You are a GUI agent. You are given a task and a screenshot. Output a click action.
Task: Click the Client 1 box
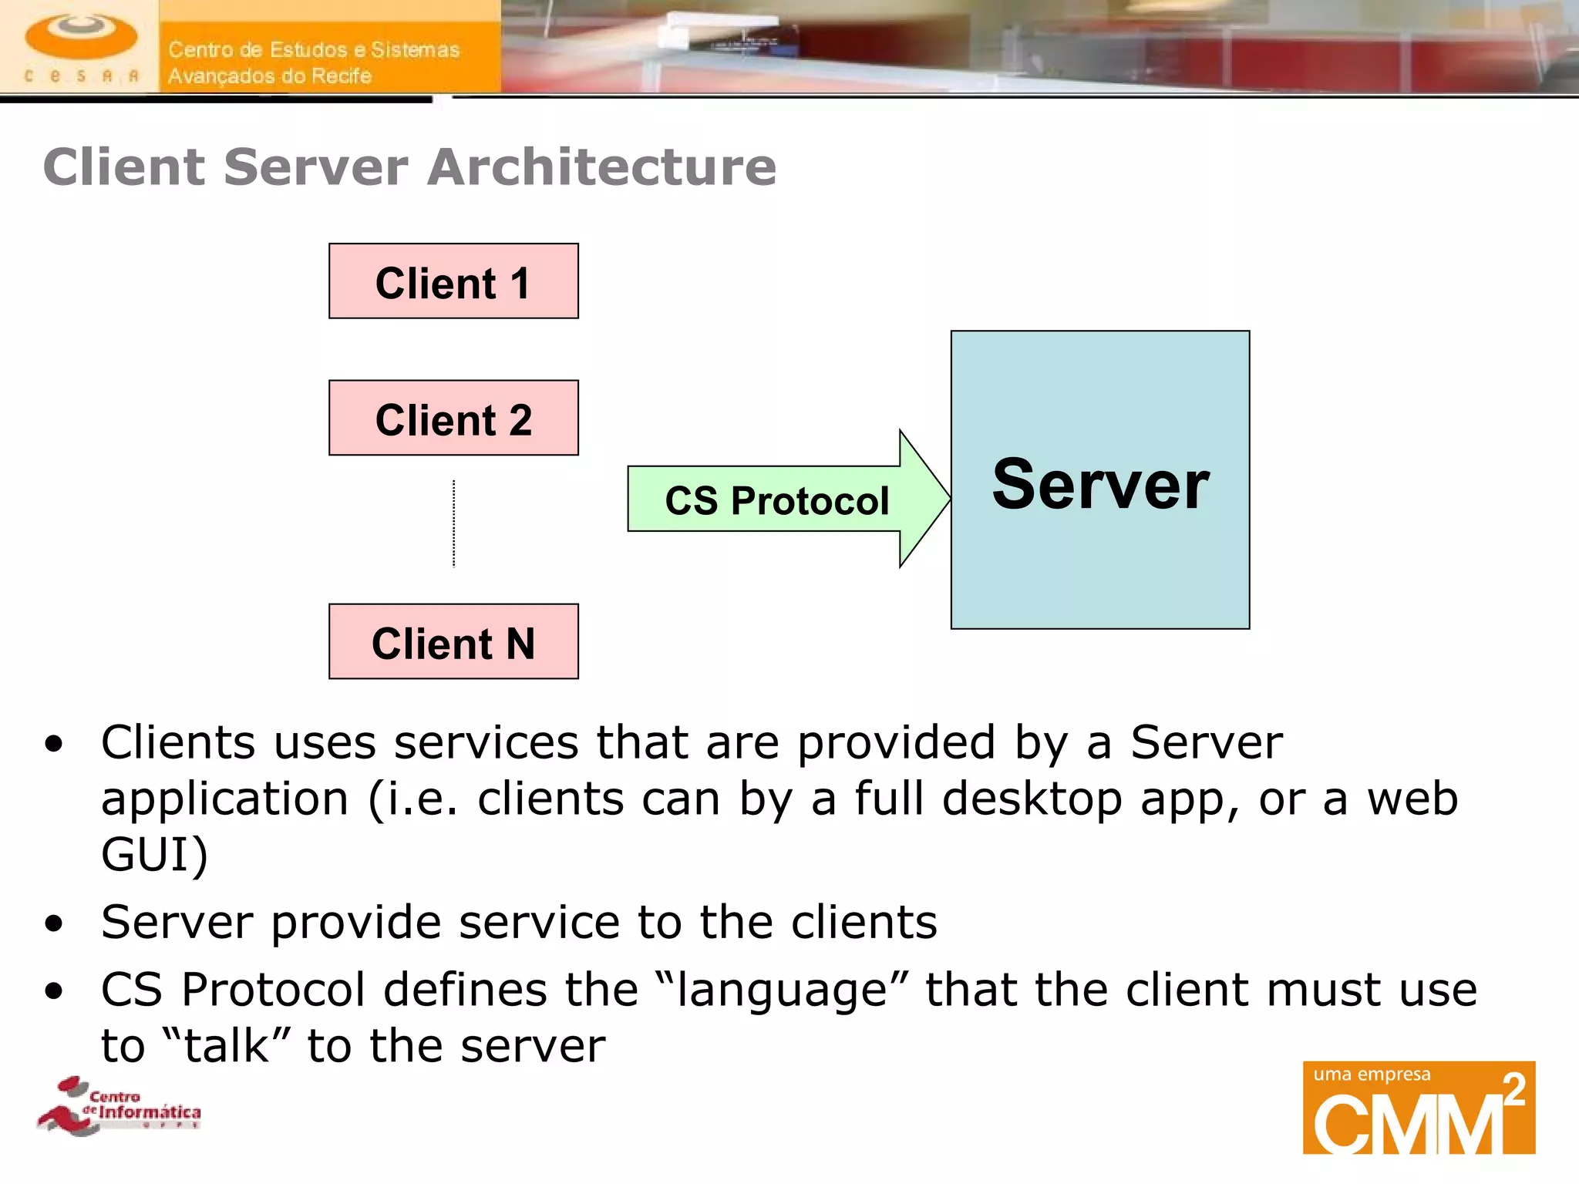(453, 281)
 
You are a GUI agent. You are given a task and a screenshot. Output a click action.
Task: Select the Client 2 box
(453, 418)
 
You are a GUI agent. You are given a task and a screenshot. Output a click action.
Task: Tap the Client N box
(453, 641)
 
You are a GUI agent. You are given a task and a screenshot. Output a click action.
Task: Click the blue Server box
(1100, 540)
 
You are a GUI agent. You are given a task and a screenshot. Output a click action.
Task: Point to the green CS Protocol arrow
(779, 499)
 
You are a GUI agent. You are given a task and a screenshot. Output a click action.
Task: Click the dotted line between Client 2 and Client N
(453, 524)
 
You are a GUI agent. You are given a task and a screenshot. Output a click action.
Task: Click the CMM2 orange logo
(1419, 1108)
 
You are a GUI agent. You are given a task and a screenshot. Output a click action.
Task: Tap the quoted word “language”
(781, 990)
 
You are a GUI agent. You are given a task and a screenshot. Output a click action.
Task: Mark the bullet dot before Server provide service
(53, 923)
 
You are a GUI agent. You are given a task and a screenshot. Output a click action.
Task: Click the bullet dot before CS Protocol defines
(53, 991)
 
